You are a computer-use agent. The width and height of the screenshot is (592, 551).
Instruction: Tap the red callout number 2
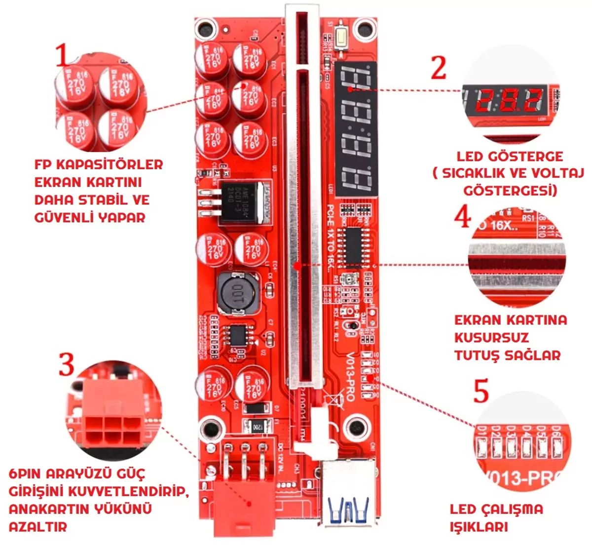point(438,67)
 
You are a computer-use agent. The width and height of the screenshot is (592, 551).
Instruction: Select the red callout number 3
point(66,364)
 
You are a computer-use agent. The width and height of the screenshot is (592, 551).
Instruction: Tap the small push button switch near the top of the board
point(341,39)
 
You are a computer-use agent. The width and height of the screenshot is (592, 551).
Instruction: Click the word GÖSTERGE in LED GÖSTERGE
point(525,157)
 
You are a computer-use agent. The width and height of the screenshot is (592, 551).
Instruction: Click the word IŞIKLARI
point(479,526)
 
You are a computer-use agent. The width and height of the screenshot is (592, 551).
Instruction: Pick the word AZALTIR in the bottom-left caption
point(38,526)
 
